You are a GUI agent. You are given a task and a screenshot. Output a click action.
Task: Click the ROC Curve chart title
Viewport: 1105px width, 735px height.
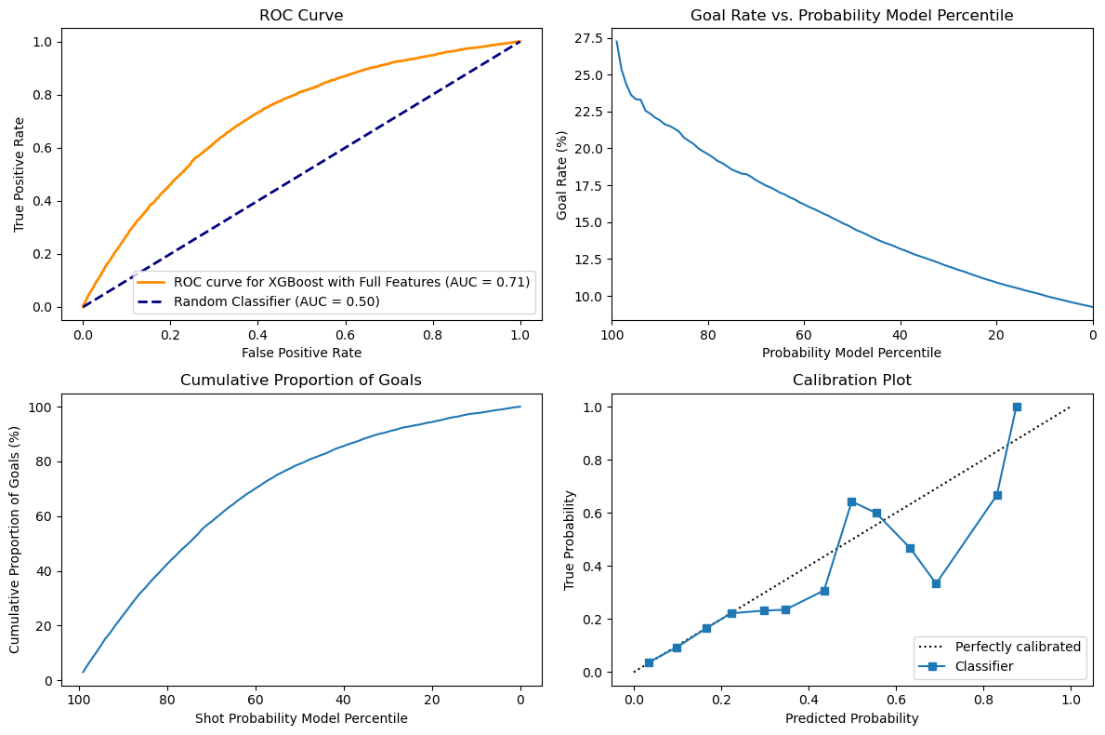click(302, 16)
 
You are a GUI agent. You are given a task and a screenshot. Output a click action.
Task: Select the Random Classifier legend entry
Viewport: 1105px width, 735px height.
click(277, 301)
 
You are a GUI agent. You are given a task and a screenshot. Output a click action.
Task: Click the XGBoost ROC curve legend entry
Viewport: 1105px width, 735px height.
click(351, 282)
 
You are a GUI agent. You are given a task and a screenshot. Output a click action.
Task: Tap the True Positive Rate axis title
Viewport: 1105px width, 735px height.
click(20, 174)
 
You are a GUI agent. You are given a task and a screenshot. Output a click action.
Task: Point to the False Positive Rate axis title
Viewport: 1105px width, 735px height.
click(302, 353)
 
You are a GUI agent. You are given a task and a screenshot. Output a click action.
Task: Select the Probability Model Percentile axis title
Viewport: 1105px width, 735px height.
click(851, 353)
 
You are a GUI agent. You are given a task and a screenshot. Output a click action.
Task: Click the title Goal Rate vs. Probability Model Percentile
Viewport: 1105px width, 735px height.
click(851, 16)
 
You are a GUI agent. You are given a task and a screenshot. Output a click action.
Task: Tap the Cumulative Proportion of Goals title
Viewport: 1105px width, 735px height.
click(302, 381)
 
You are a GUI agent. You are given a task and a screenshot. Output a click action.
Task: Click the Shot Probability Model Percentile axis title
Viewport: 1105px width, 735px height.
click(302, 718)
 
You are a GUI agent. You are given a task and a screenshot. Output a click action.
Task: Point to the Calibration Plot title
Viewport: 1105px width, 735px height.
click(851, 381)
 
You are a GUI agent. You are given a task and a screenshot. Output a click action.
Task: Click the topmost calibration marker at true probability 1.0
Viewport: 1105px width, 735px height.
click(1017, 407)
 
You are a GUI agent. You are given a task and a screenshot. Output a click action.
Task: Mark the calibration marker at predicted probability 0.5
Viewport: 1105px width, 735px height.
click(851, 501)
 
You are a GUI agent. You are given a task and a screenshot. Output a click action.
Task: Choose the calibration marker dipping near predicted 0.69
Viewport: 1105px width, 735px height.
click(936, 583)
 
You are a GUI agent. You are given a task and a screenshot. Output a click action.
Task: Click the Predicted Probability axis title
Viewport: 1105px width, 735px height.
click(851, 718)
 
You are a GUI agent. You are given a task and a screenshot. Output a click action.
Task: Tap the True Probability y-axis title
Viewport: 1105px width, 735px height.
click(569, 540)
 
